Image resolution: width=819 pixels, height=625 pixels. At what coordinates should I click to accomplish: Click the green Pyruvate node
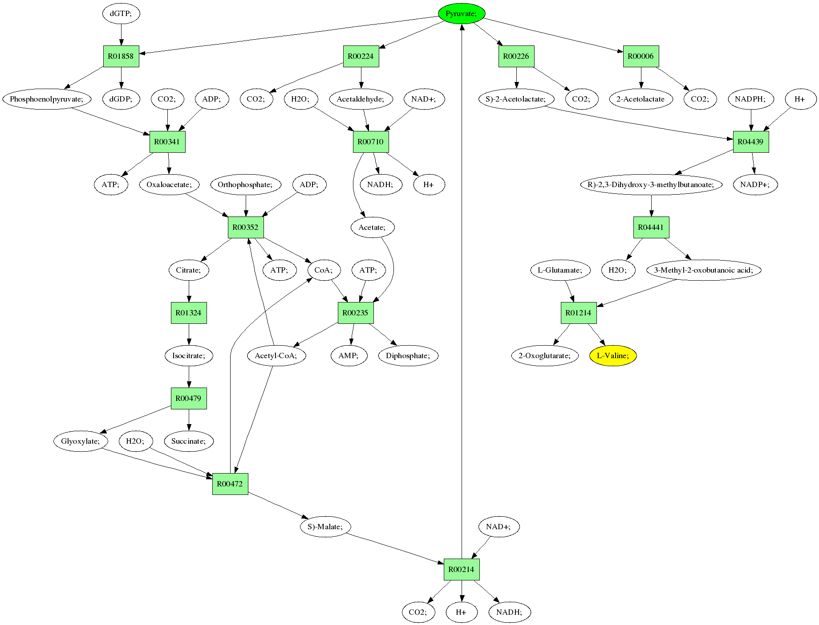point(462,14)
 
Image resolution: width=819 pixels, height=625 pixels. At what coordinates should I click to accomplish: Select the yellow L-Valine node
point(613,355)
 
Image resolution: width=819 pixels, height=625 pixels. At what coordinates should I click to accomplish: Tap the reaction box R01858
point(121,56)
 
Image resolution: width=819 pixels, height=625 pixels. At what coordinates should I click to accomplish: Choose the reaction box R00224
point(361,56)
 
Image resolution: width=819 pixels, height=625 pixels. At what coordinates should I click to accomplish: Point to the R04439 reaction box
point(751,142)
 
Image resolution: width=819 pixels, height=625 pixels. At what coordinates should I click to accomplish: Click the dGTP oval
point(121,14)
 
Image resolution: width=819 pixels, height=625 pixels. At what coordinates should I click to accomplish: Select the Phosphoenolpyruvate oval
point(47,99)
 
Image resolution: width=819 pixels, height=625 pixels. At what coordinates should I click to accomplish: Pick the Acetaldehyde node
point(361,99)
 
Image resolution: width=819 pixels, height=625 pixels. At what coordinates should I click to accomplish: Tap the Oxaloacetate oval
point(170,184)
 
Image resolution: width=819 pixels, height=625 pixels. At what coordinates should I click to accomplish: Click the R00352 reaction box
point(246,227)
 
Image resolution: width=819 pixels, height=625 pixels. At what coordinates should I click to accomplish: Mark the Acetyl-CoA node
point(276,355)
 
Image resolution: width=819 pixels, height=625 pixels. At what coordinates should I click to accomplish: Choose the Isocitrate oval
point(189,355)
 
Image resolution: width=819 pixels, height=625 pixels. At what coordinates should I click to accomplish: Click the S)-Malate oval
point(325,527)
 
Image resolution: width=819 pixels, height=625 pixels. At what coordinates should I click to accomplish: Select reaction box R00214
point(462,569)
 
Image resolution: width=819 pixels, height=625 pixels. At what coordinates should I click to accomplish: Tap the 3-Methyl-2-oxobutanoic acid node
point(704,270)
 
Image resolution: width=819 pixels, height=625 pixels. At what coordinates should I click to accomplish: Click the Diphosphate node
point(408,355)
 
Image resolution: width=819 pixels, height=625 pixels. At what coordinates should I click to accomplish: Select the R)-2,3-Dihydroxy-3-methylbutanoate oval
point(651,184)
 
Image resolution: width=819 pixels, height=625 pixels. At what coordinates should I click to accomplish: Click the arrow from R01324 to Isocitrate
point(189,334)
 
